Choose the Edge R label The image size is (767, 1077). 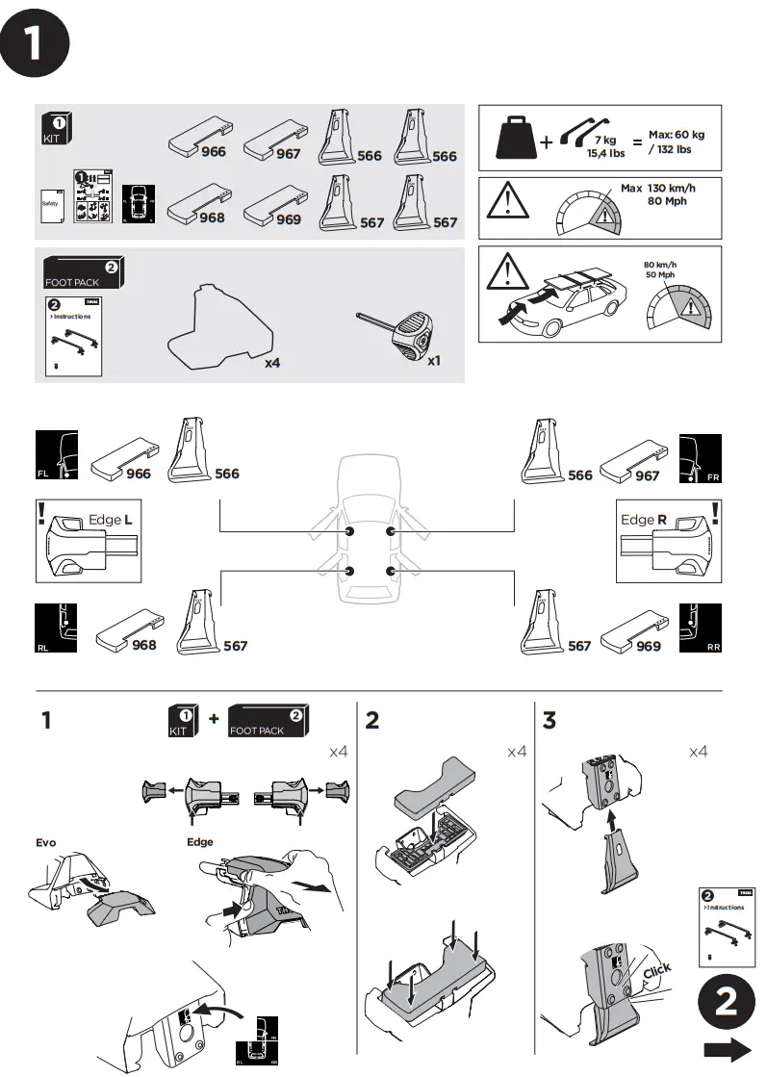pyautogui.click(x=644, y=520)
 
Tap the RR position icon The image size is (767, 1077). pyautogui.click(x=701, y=629)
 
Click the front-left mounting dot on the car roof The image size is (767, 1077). pyautogui.click(x=348, y=531)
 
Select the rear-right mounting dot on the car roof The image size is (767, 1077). pyautogui.click(x=390, y=572)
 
